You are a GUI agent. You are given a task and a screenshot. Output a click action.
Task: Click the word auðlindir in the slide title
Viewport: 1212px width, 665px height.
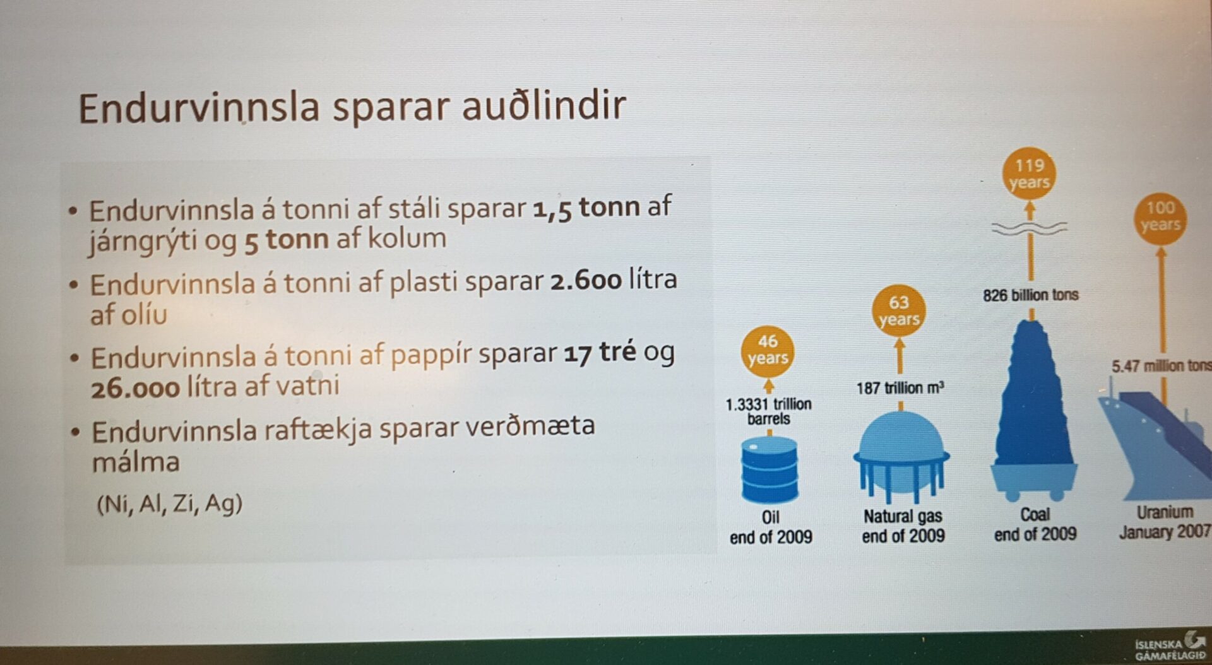[x=544, y=105]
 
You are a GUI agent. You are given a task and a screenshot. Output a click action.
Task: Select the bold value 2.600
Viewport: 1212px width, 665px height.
[x=586, y=280]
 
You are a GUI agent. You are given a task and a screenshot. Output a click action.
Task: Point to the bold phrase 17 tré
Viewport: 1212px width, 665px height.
[x=600, y=353]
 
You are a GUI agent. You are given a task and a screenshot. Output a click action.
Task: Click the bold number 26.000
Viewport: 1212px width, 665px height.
[x=136, y=387]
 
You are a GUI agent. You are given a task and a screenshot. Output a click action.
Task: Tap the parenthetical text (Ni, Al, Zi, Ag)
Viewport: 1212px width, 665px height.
[x=169, y=503]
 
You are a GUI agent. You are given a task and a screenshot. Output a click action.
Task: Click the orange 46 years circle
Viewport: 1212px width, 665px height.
[x=768, y=350]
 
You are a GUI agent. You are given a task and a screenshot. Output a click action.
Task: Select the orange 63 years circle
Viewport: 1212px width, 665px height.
[x=899, y=311]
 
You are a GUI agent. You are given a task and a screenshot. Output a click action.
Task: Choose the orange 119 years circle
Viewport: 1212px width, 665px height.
[x=1030, y=174]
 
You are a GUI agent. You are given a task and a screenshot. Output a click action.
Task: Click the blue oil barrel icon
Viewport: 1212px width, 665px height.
[x=769, y=470]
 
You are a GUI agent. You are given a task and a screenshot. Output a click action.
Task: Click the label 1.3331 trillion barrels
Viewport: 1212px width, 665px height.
[x=768, y=411]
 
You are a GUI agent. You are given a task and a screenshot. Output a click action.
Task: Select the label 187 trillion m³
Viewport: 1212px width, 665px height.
[x=900, y=387]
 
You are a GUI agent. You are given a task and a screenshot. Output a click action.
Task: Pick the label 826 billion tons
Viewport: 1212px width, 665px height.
[x=1030, y=295]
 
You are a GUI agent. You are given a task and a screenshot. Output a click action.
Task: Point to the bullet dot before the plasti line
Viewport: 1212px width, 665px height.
[x=74, y=285]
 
